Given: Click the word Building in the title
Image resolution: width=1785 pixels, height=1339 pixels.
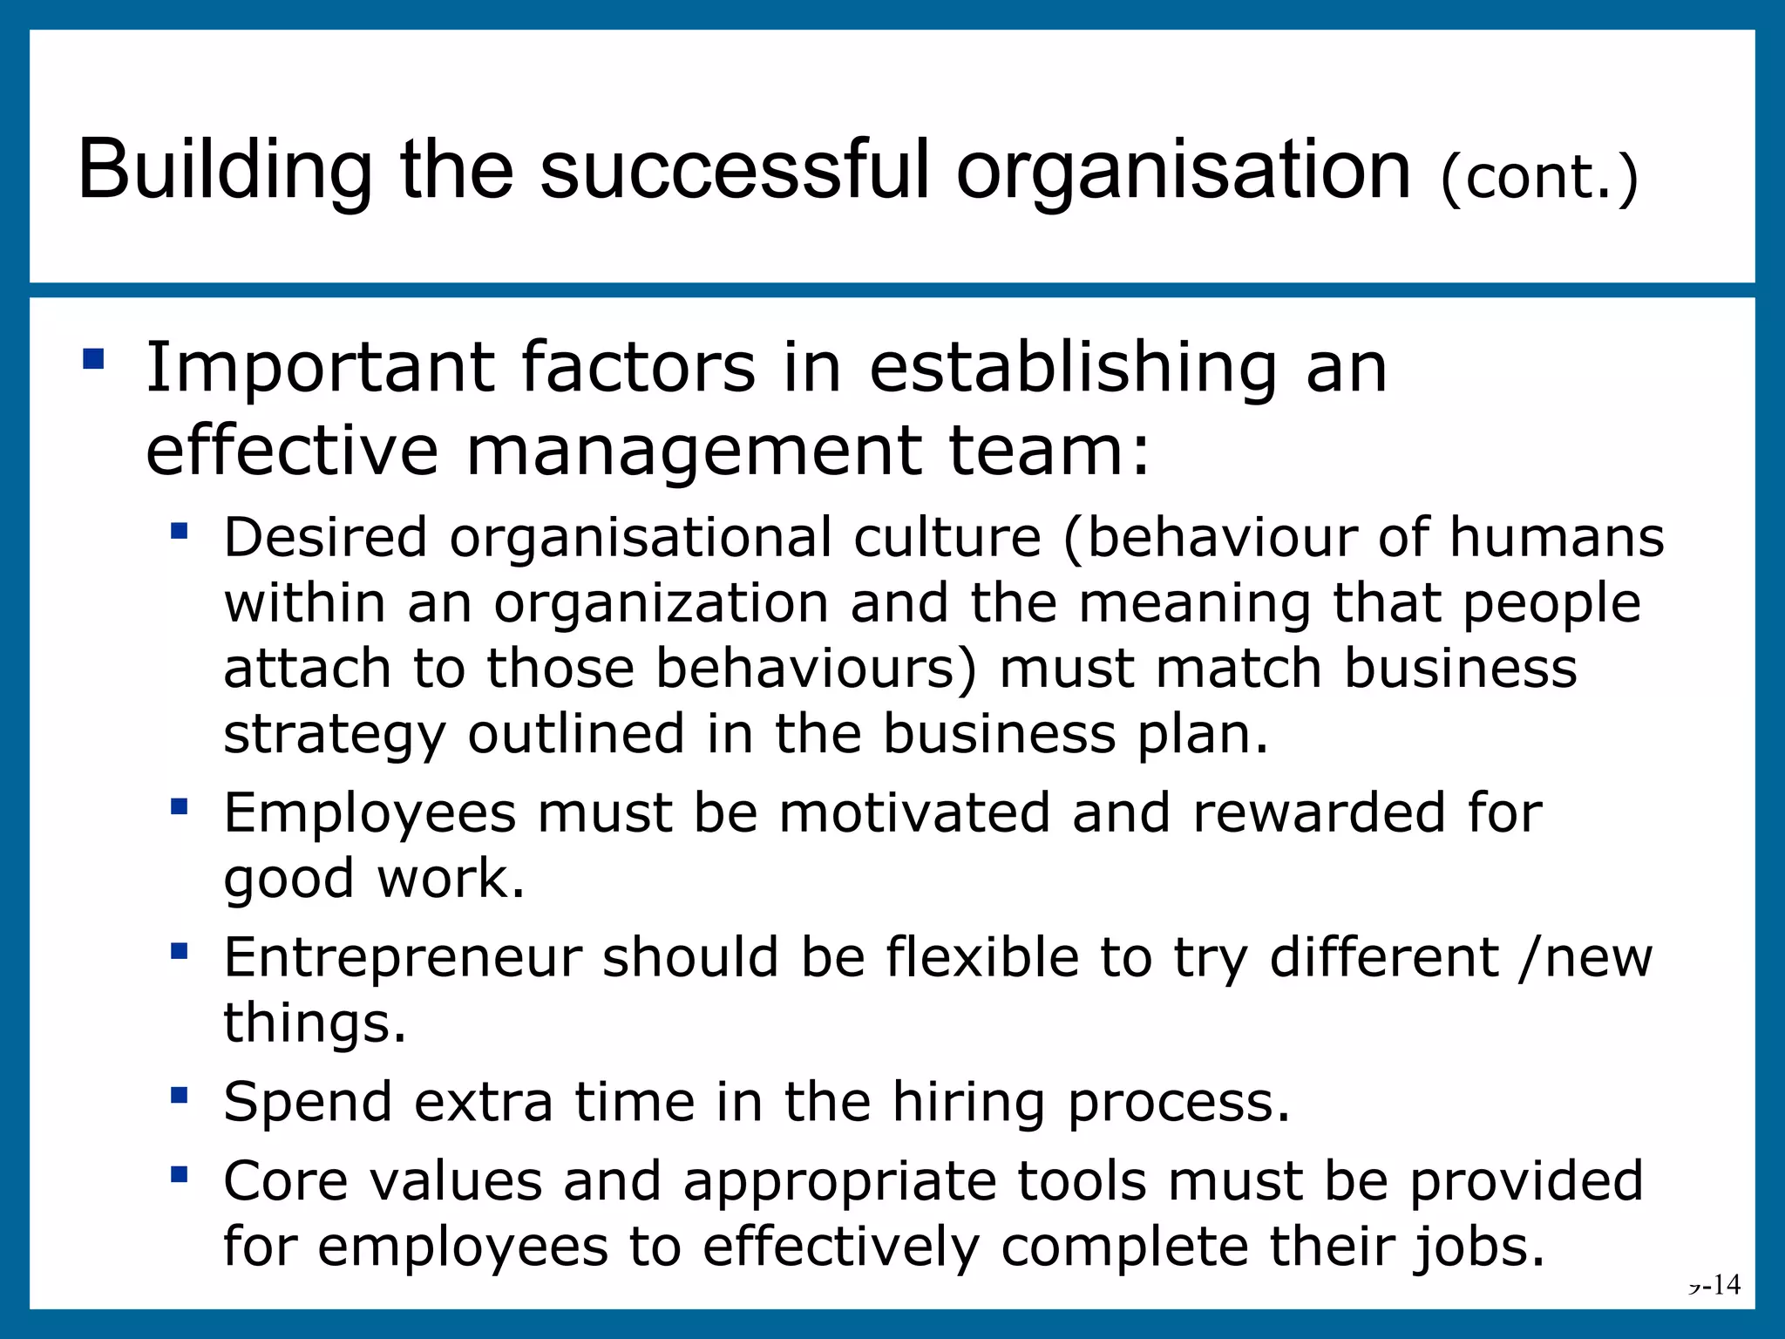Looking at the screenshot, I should (225, 171).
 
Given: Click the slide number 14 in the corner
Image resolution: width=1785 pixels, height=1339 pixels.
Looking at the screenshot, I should (1723, 1284).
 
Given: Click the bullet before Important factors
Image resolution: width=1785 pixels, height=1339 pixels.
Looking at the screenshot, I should (93, 359).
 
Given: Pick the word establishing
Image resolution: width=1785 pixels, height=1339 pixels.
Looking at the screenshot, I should (1072, 368).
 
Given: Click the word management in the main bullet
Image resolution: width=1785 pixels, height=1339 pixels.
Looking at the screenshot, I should (694, 451).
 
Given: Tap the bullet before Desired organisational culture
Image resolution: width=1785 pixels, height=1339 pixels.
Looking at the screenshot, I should (180, 531).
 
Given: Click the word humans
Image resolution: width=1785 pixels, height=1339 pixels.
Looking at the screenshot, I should (1557, 537).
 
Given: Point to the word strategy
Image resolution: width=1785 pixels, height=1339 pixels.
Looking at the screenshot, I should (335, 735).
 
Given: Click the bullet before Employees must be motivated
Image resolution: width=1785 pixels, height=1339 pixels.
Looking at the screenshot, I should (180, 807).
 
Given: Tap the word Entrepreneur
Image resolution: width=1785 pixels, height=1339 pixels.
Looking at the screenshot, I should (403, 957).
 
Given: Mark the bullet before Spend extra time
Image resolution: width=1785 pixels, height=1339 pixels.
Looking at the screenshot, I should (180, 1096).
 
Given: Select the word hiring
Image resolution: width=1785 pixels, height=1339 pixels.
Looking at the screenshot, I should (967, 1103).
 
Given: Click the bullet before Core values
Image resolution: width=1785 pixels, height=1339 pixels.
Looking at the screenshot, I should (180, 1175).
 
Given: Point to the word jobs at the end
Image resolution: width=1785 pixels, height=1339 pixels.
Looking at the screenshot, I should (1477, 1247).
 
